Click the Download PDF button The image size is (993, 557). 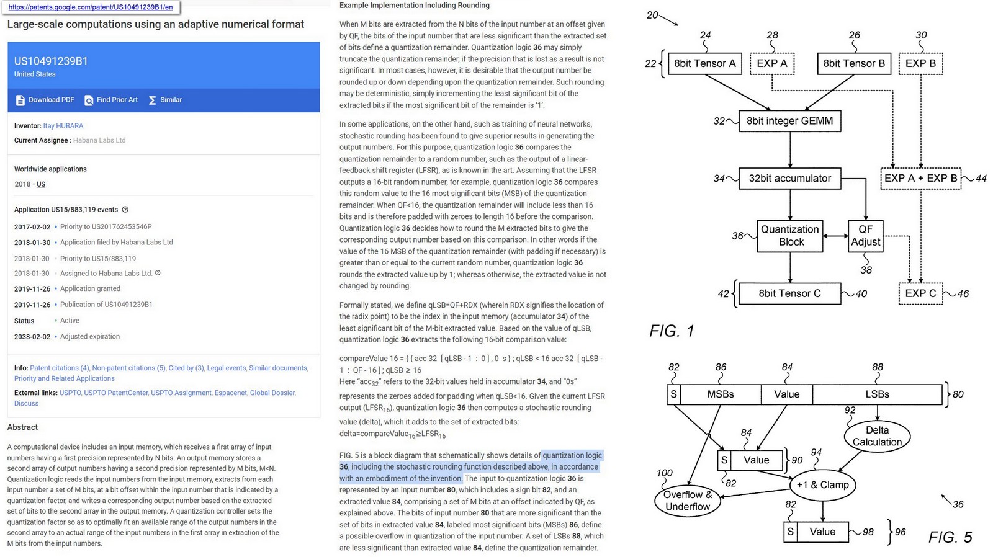point(45,100)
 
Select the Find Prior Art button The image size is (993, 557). point(111,100)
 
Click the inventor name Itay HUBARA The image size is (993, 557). point(63,126)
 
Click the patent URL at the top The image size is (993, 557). point(91,7)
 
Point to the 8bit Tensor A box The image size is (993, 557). point(704,63)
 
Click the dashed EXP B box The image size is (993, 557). point(920,63)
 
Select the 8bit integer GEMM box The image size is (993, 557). point(789,121)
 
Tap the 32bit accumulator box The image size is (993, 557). point(789,179)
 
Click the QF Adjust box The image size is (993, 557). point(865,236)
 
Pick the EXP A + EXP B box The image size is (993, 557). point(920,179)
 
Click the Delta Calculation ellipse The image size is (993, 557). point(877,436)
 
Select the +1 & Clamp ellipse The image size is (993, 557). point(822,485)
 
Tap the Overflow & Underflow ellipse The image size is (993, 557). point(688,501)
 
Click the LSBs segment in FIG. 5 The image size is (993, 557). point(877,394)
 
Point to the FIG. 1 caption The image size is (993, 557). point(672,331)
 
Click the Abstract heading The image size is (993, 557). point(22,427)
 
